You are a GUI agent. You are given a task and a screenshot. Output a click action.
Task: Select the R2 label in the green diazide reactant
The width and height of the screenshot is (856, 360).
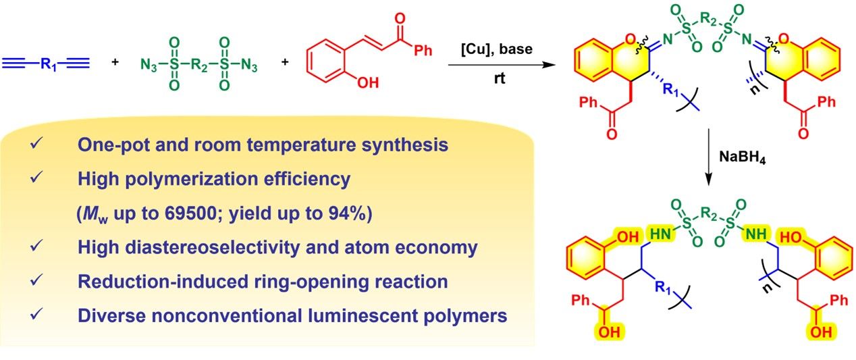(x=199, y=65)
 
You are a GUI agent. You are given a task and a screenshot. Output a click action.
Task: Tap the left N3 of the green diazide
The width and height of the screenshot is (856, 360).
(x=149, y=65)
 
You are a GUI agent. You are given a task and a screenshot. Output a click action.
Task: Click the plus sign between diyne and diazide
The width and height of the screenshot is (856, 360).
(x=115, y=64)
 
